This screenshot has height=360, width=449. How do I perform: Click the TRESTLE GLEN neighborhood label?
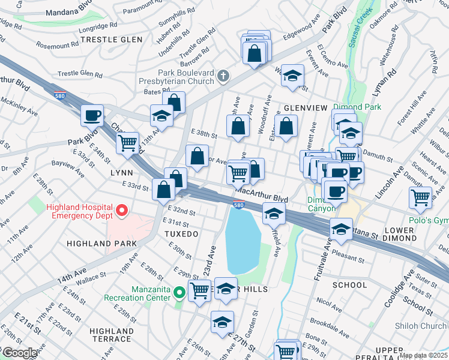point(111,40)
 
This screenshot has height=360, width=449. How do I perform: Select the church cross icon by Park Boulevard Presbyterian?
point(223,76)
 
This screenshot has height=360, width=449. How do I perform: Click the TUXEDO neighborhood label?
point(182,233)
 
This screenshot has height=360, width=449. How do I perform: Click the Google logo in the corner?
point(19,353)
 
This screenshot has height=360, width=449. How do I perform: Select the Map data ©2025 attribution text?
point(423,355)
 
